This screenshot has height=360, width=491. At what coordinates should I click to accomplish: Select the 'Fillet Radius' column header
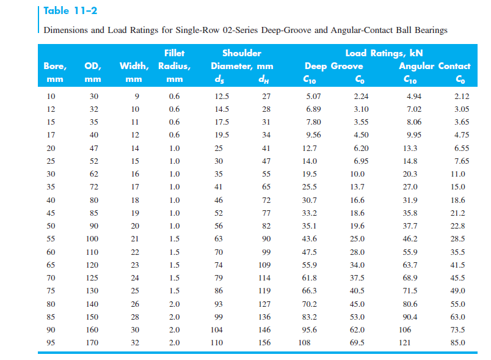click(x=174, y=60)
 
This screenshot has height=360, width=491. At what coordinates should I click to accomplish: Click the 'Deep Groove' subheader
click(x=333, y=66)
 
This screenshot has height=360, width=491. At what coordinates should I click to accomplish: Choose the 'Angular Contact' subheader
click(x=434, y=66)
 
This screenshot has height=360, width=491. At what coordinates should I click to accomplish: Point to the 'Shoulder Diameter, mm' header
click(x=242, y=60)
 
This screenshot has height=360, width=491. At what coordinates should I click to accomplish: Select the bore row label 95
click(x=51, y=343)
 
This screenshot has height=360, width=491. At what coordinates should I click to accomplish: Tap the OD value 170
click(x=91, y=343)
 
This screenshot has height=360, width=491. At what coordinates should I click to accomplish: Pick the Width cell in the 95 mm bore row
click(x=135, y=343)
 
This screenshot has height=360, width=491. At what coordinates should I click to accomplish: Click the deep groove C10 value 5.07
click(x=312, y=96)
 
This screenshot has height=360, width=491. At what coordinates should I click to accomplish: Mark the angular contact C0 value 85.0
click(x=457, y=343)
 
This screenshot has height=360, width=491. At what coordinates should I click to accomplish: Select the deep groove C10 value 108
click(x=304, y=343)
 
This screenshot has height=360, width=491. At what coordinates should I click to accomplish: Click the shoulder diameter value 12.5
click(x=222, y=96)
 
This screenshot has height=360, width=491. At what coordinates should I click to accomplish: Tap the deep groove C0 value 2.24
click(x=361, y=96)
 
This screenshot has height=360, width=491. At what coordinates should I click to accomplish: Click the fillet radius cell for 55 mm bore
click(x=174, y=238)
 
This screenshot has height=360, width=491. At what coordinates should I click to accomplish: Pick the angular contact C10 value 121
click(x=405, y=343)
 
